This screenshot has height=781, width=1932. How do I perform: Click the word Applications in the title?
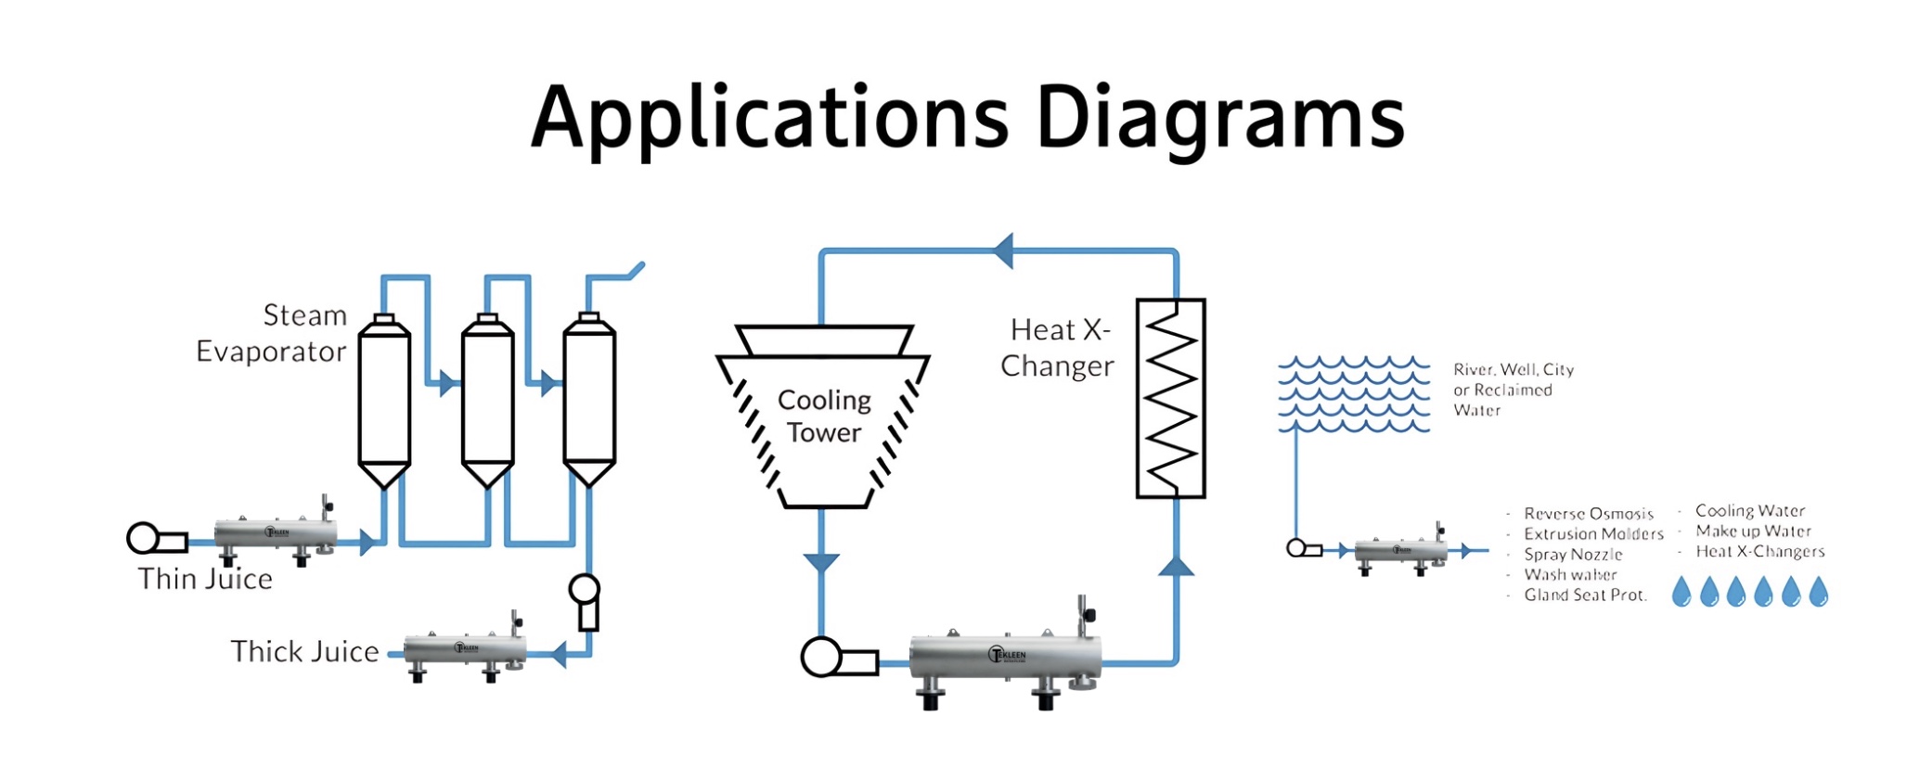pos(769,118)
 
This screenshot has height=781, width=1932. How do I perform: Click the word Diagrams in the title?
pos(1219,118)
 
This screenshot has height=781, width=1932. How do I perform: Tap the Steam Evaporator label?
pos(271,333)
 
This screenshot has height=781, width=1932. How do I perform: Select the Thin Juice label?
pos(205,579)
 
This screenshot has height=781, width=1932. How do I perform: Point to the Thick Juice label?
pos(304,651)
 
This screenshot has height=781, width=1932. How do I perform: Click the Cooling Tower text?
pos(824,416)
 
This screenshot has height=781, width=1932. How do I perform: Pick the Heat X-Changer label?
pos(1058,348)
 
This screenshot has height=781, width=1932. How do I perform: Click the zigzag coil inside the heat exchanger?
pos(1170,399)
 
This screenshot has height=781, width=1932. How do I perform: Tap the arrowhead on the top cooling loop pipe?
pos(1003,250)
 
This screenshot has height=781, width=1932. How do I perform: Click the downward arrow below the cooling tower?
pos(821,562)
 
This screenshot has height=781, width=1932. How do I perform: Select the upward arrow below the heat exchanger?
pos(1176,566)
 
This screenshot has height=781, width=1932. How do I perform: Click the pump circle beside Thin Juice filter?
pos(143,538)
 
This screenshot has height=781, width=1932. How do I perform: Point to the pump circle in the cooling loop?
pos(820,658)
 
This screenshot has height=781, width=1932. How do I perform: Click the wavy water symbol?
pos(1354,394)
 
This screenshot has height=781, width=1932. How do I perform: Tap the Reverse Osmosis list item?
pos(1589,514)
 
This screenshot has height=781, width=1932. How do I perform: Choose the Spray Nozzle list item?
pos(1573,555)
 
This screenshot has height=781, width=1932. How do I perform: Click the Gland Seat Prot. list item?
pos(1585,595)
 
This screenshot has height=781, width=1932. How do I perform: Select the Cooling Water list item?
pos(1750,511)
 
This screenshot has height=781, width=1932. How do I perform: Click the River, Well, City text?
pos(1513,370)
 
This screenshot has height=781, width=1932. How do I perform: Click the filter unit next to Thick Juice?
pos(465,650)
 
